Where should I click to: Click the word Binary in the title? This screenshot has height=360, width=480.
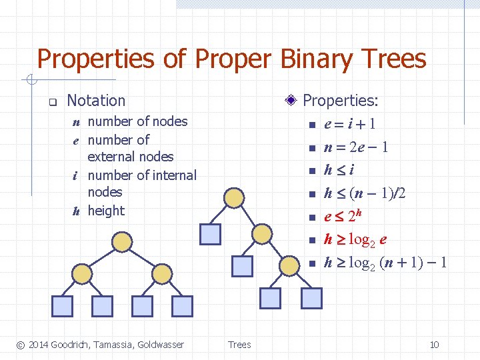pos(310,59)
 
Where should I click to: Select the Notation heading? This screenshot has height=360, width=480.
pos(96,101)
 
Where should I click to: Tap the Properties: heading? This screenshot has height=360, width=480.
pos(340,101)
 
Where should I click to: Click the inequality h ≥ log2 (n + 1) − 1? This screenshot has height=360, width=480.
pos(385,263)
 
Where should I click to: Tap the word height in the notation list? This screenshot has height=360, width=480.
pos(106,211)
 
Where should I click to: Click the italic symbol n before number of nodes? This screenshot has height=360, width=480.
pos(77,122)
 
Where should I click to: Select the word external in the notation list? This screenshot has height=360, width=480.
pos(130,157)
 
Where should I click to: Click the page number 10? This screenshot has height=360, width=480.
pos(434,345)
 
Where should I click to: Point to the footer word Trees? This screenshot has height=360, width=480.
pos(239,345)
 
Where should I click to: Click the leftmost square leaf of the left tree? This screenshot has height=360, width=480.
pos(62,305)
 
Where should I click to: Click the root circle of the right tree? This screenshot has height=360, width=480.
pos(235,198)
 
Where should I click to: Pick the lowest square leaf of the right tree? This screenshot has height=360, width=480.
pos(271,298)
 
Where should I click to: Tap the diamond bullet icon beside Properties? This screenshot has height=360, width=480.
pos(290,101)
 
